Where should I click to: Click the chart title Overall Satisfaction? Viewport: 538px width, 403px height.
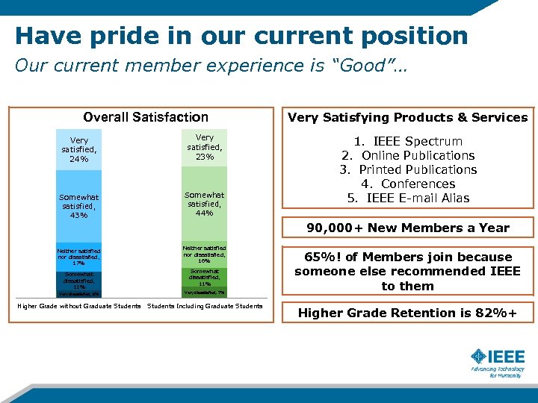click(146, 117)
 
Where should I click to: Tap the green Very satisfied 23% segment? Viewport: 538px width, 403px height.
click(205, 147)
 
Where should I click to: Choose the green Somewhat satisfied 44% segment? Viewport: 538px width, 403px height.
click(205, 203)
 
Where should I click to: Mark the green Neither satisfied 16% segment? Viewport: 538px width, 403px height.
click(205, 254)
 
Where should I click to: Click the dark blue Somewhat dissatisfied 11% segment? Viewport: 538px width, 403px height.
click(79, 280)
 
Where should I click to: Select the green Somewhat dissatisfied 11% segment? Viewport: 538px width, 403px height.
click(205, 278)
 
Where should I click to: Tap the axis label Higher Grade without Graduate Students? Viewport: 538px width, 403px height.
click(78, 306)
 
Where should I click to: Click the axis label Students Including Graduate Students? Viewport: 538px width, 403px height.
click(205, 306)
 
